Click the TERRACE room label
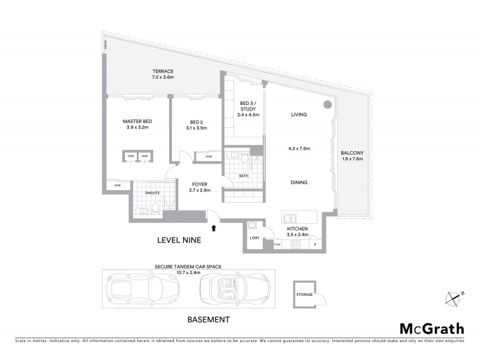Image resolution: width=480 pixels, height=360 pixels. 163,71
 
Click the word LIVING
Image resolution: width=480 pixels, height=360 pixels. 299,114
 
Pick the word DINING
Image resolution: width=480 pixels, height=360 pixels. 299,182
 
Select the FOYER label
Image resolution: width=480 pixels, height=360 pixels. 199,184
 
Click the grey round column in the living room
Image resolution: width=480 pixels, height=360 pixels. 328,105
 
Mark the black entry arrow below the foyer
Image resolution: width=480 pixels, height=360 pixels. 214,227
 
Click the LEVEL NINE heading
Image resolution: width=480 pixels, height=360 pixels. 178,240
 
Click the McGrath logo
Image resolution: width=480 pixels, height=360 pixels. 432,328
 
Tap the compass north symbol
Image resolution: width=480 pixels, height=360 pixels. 455,296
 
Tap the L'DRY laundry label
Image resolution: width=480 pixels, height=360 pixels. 253,238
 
